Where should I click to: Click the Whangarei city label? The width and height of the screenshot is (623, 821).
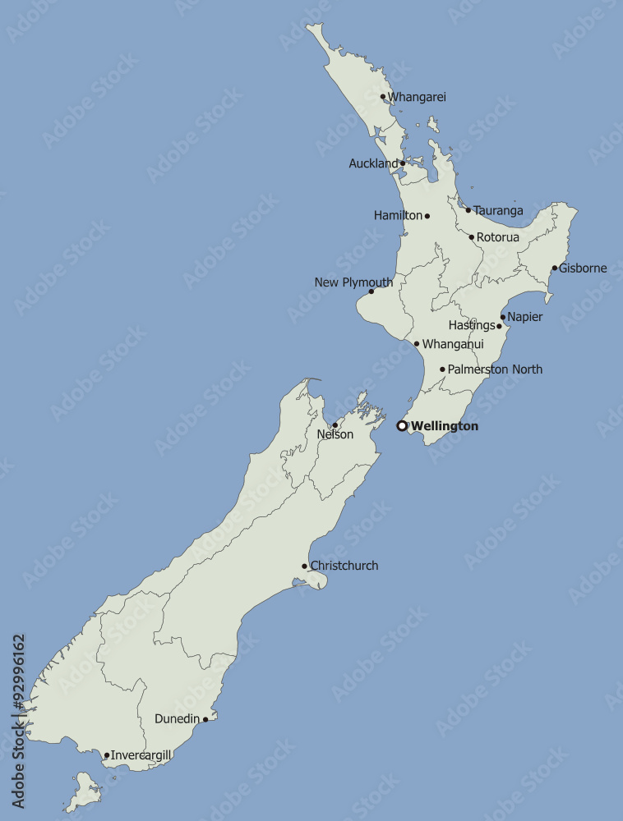[417, 97]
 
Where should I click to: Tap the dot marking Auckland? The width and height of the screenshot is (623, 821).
[403, 163]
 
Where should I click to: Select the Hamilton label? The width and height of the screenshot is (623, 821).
[398, 216]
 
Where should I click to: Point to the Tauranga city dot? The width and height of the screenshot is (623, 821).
[468, 210]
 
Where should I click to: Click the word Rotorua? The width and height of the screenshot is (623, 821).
[498, 237]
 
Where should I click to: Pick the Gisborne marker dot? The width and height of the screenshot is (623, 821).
[555, 268]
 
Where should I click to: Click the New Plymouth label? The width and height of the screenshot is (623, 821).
[353, 282]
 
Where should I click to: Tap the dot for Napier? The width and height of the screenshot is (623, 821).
[503, 317]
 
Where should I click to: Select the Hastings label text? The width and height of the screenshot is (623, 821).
[472, 326]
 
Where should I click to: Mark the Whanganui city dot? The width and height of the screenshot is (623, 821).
[417, 344]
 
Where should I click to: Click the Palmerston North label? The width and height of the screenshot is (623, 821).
[495, 369]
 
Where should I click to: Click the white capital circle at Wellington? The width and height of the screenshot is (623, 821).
[402, 426]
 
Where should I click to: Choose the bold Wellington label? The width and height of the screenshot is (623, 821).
[445, 426]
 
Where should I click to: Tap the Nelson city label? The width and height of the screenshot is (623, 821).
[335, 434]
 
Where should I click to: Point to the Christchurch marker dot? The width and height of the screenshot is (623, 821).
[304, 566]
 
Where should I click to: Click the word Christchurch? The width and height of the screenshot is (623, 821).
[344, 566]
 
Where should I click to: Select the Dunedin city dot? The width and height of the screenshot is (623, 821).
[205, 719]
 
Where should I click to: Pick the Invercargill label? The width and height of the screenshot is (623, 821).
[141, 755]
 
